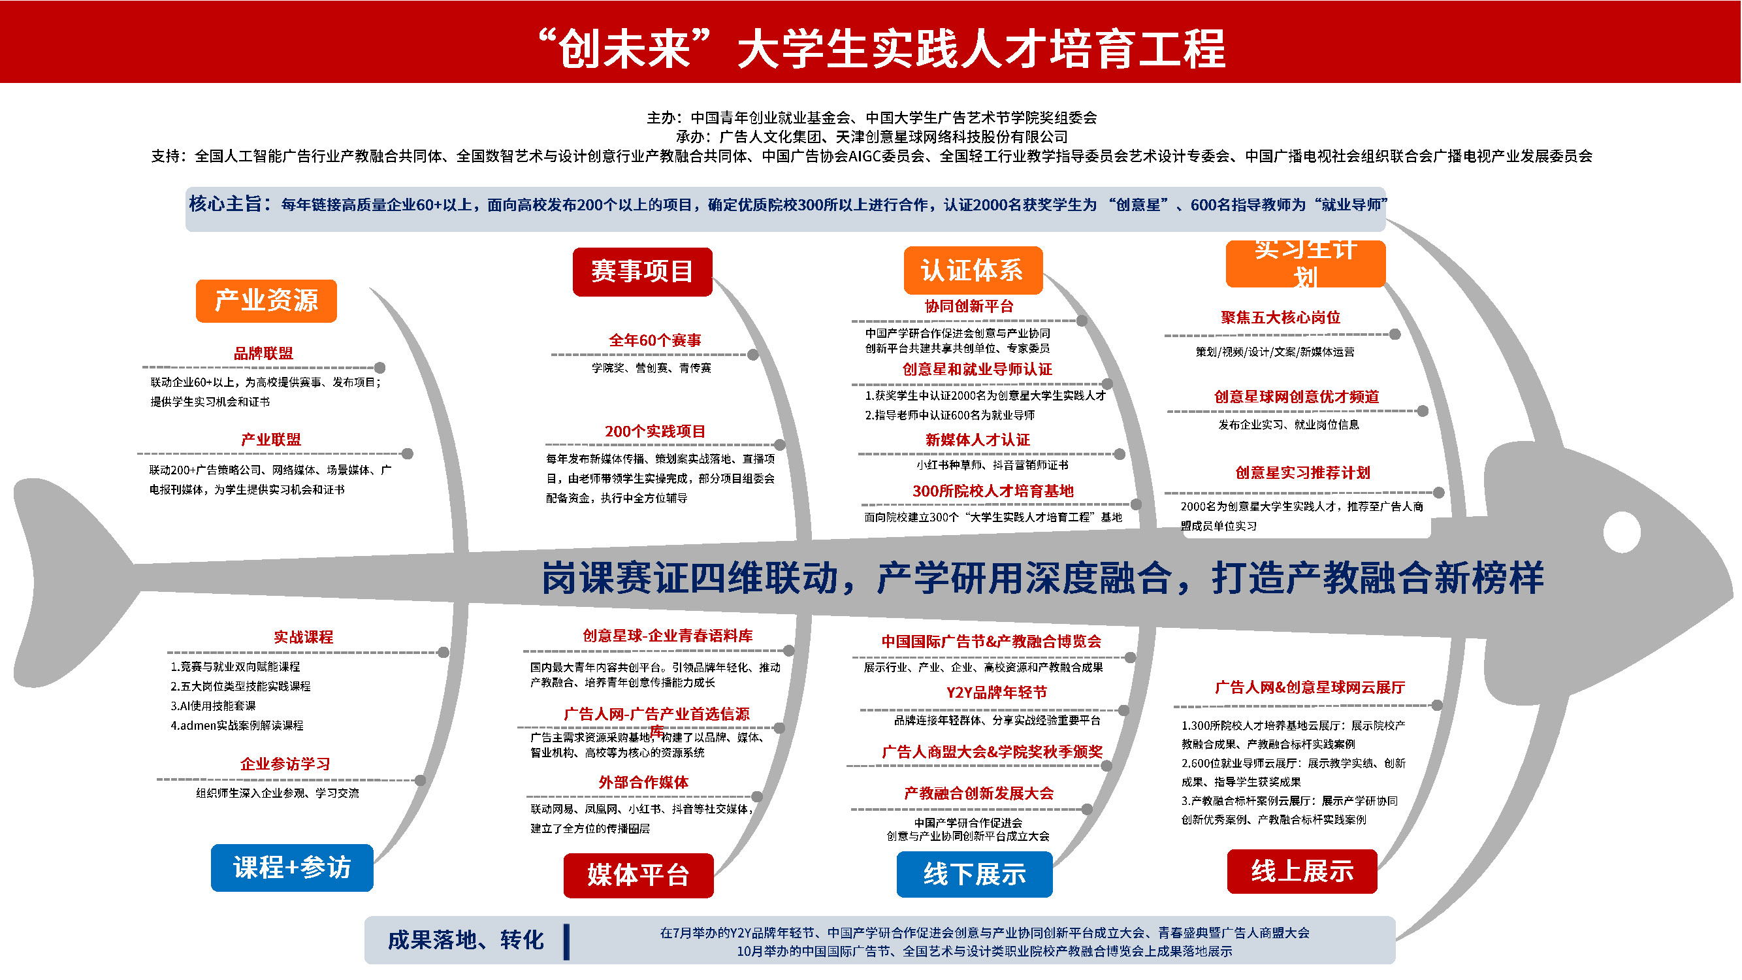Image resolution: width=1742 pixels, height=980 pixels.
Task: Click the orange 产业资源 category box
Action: tap(266, 301)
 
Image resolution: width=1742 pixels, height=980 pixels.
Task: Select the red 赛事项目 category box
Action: tap(643, 271)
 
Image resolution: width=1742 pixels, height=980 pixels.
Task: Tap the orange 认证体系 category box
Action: tap(973, 270)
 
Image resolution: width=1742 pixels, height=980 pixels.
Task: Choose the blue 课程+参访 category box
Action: tap(292, 867)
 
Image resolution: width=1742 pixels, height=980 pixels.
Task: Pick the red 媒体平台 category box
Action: tap(638, 875)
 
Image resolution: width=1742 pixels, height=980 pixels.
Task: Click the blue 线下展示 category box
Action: tap(975, 874)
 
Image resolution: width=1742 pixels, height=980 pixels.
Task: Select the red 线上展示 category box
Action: tap(1302, 871)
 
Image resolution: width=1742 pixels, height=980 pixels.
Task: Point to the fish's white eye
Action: tap(1622, 532)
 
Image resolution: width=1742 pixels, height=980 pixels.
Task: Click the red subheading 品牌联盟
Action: tap(264, 353)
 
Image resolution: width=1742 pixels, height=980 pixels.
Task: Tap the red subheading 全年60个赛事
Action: tap(654, 340)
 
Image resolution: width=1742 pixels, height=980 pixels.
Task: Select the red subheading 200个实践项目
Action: tap(654, 431)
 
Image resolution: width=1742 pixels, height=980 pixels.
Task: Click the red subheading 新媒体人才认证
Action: tap(978, 440)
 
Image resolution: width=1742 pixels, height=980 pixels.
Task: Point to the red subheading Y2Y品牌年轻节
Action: tap(997, 692)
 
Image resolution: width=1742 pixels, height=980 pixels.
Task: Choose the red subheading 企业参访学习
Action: tap(285, 764)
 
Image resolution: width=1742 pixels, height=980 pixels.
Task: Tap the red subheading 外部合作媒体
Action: tap(643, 782)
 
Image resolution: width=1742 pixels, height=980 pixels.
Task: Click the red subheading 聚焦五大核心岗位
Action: tap(1280, 318)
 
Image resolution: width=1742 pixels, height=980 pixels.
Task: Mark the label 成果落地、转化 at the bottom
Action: tap(465, 939)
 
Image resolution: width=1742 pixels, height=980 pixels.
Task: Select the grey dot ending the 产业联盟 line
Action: tap(407, 453)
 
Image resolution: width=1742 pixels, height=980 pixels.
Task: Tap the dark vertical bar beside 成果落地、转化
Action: tap(566, 941)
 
